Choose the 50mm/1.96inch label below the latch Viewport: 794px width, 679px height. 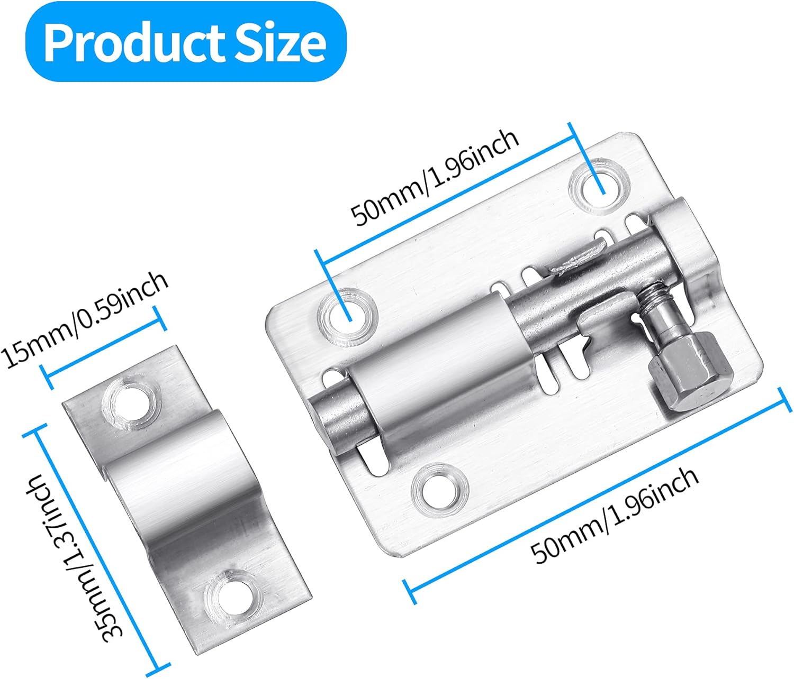[615, 516]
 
